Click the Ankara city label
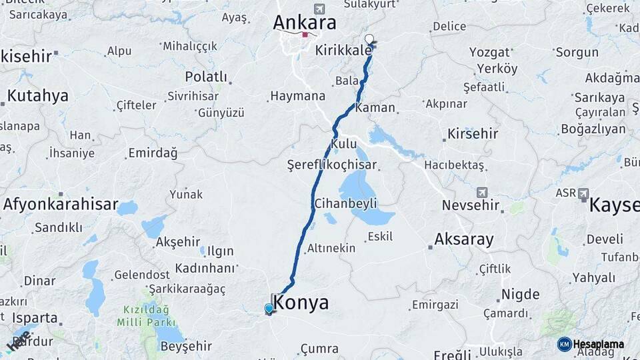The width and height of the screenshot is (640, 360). (x=304, y=23)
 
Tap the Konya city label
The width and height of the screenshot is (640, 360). (x=302, y=303)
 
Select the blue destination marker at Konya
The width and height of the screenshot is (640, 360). (x=269, y=309)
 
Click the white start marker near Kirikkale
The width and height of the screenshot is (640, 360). (x=369, y=39)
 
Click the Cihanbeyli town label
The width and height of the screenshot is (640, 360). (x=345, y=203)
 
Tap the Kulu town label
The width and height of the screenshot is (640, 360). (x=344, y=143)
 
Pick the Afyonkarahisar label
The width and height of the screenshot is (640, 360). (x=61, y=205)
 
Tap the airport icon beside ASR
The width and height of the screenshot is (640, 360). (x=584, y=193)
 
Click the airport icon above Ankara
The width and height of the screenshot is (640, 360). (x=319, y=9)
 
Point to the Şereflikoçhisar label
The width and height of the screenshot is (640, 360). (x=331, y=165)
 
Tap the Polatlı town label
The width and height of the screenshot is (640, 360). (x=206, y=77)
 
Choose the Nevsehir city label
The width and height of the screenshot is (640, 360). (x=471, y=205)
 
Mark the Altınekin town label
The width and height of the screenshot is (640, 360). (x=331, y=249)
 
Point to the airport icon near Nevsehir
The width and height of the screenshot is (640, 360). (x=483, y=191)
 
